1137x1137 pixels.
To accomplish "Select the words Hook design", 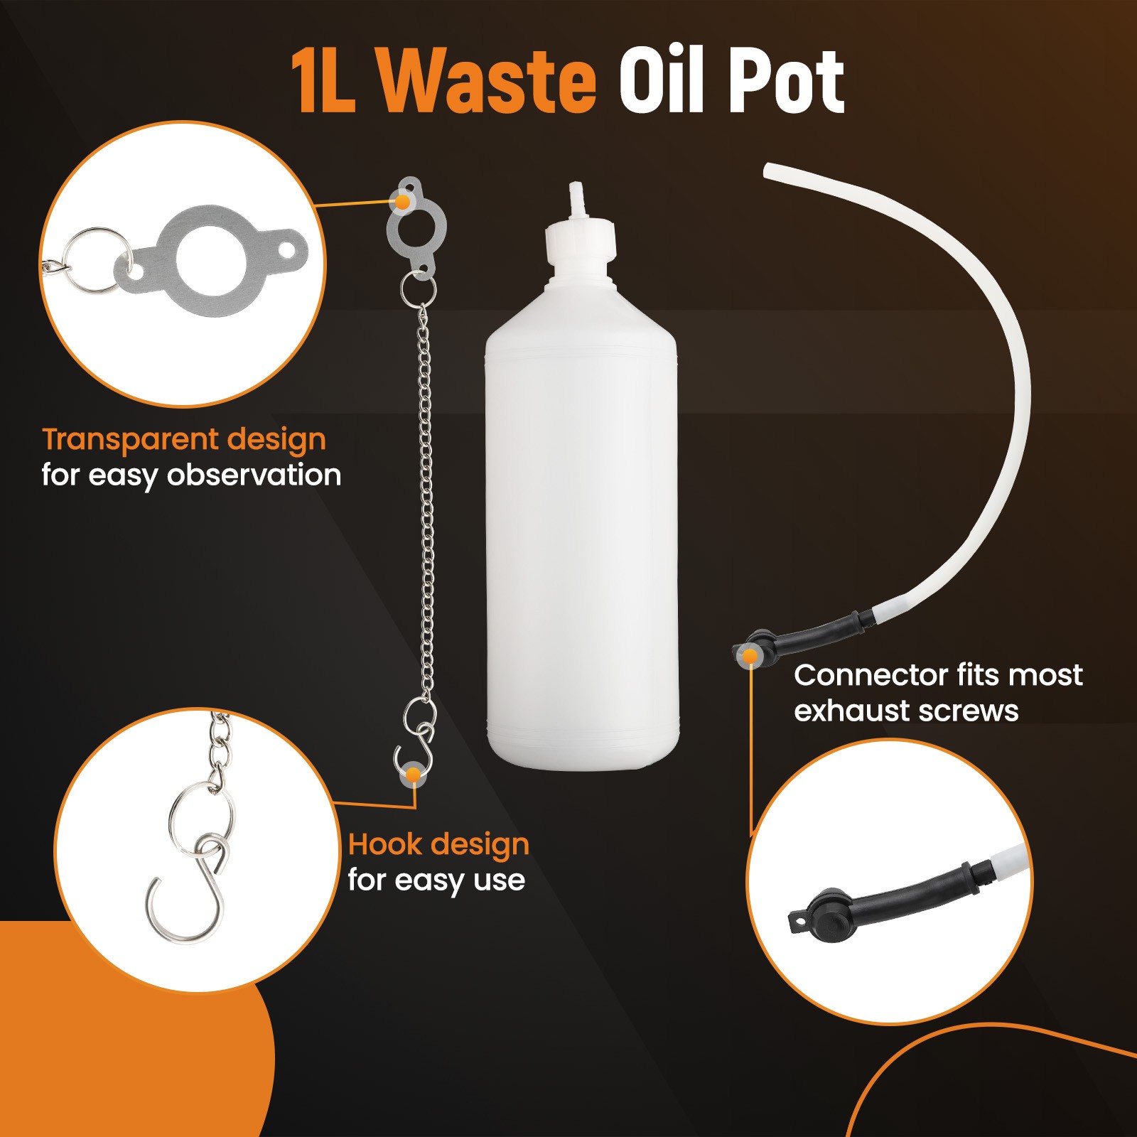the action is pos(438,846).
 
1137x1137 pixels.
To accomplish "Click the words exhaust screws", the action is pos(906,711).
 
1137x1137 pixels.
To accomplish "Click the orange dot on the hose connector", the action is pos(750,657).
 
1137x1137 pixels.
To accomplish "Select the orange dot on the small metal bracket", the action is pos(403,202).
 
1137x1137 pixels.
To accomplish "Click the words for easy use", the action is pos(436,881).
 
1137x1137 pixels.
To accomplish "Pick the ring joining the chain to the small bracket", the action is pos(417,288).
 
